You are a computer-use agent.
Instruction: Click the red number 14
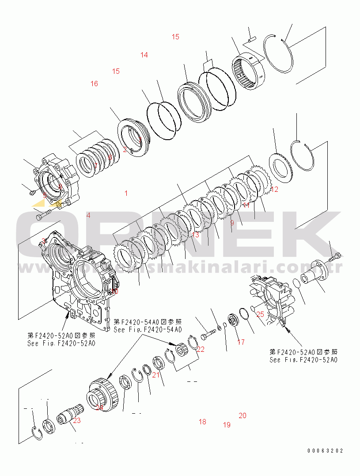pyautogui.click(x=144, y=55)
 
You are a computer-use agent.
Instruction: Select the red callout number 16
pyautogui.click(x=94, y=84)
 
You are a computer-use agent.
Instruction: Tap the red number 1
pyautogui.click(x=126, y=193)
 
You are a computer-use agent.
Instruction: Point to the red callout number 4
pyautogui.click(x=88, y=215)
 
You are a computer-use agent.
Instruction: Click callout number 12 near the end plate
pyautogui.click(x=275, y=190)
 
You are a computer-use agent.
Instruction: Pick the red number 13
pyautogui.click(x=196, y=235)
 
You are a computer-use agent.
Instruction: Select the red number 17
pyautogui.click(x=241, y=342)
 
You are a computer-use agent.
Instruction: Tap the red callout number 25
pyautogui.click(x=260, y=314)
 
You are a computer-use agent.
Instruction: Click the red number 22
pyautogui.click(x=201, y=349)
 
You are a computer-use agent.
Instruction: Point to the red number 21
pyautogui.click(x=155, y=375)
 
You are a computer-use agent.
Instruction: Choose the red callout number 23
pyautogui.click(x=77, y=420)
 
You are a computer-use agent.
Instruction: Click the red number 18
pyautogui.click(x=202, y=422)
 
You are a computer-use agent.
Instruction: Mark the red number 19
pyautogui.click(x=227, y=425)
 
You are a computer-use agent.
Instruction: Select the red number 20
pyautogui.click(x=243, y=415)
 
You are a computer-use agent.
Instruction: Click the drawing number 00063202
pyautogui.click(x=325, y=451)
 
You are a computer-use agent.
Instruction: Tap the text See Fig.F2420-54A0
pyautogui.click(x=148, y=330)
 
